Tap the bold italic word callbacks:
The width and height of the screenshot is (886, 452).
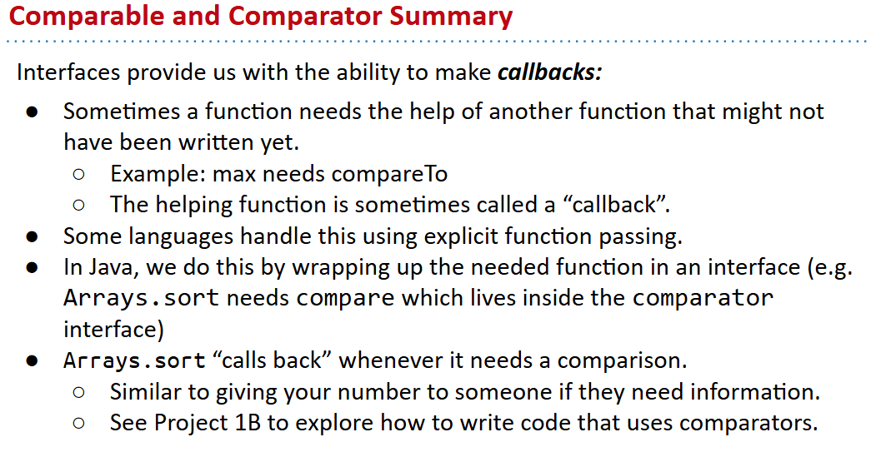pyautogui.click(x=549, y=72)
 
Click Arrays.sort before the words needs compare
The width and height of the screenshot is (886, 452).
pyautogui.click(x=141, y=298)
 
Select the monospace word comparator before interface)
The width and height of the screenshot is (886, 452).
pyautogui.click(x=703, y=298)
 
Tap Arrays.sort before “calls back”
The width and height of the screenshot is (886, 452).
pyautogui.click(x=134, y=361)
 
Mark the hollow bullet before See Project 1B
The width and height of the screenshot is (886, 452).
pyautogui.click(x=79, y=424)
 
